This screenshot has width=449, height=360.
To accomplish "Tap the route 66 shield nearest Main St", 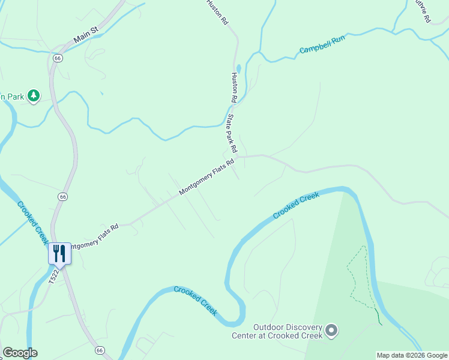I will (x=58, y=58).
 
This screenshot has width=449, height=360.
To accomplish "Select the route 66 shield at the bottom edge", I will (x=100, y=349).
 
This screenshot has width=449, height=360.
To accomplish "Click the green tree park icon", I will (x=34, y=95).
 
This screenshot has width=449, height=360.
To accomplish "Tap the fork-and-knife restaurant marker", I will (x=59, y=253).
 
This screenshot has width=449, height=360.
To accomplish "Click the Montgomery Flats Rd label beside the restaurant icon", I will (x=93, y=237).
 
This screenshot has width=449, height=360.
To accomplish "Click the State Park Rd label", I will (x=231, y=133).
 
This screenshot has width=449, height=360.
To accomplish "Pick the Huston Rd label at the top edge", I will (x=217, y=12).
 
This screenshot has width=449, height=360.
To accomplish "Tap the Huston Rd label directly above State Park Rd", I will (x=235, y=87).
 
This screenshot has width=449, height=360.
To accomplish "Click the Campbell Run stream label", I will (x=322, y=44).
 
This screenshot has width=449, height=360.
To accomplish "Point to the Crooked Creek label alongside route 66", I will (x=32, y=223).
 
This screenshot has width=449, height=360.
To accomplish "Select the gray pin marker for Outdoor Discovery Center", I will (x=331, y=330).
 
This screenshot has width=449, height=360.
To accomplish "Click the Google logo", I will (x=20, y=353).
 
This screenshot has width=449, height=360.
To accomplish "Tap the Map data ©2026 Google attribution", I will (x=412, y=355).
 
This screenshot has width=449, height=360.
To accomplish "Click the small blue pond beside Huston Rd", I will (x=239, y=68).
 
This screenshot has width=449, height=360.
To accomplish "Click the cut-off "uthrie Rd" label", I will (x=423, y=11).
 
